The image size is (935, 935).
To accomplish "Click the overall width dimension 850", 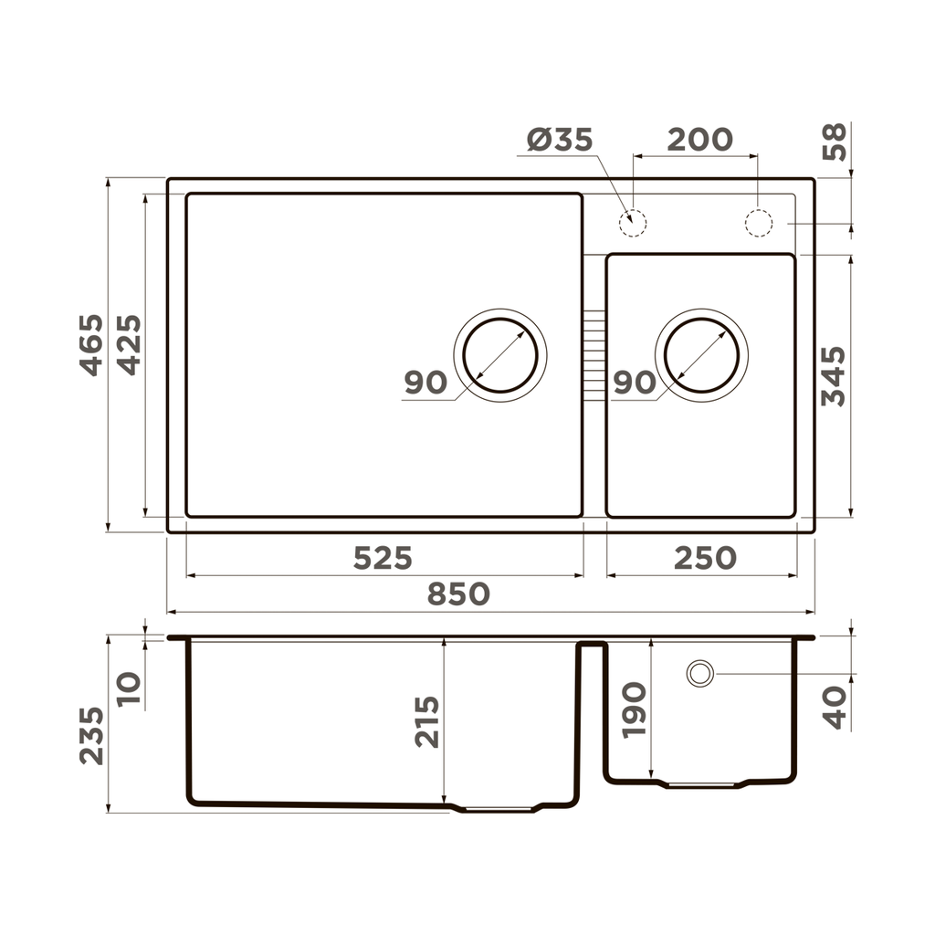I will tap(459, 594).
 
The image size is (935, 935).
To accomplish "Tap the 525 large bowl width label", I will tap(383, 558).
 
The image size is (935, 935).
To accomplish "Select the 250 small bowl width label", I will tap(704, 558).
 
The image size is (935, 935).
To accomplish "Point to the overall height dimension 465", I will tap(91, 344).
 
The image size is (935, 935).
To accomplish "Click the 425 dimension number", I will tap(129, 344).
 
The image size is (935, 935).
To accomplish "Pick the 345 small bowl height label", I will tap(833, 375).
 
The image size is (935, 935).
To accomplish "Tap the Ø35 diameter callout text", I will tap(560, 140).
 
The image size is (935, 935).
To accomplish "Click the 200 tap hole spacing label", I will tap(699, 140).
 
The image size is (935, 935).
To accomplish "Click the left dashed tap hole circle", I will tap(632, 223).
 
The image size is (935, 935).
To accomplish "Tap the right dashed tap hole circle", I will tap(758, 223).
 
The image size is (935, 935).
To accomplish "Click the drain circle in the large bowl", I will tap(499, 353).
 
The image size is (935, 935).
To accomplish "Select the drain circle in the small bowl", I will tap(701, 353).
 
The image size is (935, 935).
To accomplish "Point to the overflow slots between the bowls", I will tap(594, 355).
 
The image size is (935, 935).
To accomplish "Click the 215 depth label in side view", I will tap(427, 721).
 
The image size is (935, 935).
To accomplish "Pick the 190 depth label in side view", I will tap(634, 709).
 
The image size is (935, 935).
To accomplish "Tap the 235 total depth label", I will tap(91, 735).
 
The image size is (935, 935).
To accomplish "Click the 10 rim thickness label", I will tap(129, 688).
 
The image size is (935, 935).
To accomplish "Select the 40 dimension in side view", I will tap(835, 708).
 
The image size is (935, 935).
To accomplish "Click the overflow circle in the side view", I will tap(700, 674).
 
